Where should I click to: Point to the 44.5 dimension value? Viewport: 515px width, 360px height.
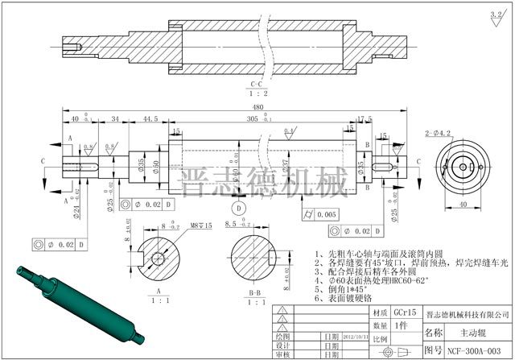[150, 118]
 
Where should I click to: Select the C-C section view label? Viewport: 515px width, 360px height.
[257, 84]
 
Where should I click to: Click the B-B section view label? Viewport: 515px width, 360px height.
[255, 292]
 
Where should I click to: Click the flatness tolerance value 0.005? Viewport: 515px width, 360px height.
[326, 214]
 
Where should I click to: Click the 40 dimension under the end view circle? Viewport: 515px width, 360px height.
[463, 204]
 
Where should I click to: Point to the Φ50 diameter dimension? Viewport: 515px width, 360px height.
[156, 165]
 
